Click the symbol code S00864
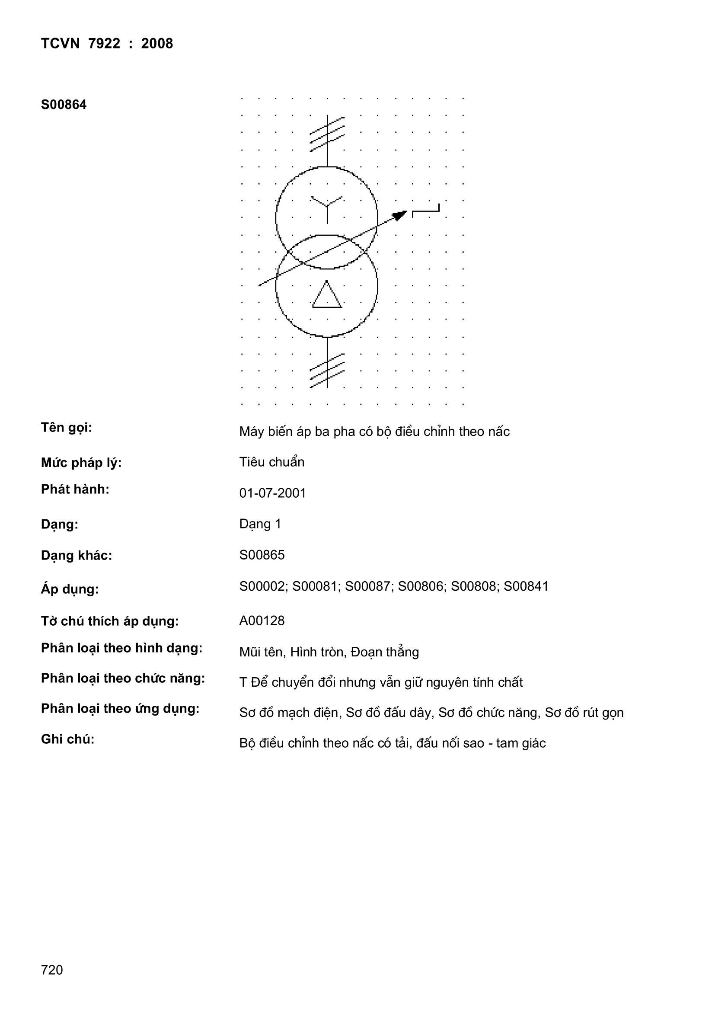click(x=64, y=105)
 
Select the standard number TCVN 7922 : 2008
click(x=106, y=44)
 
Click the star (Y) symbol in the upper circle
click(x=327, y=208)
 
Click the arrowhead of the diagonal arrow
click(x=400, y=215)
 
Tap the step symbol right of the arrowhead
click(x=426, y=211)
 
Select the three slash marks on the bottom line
click(x=327, y=370)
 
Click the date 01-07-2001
click(x=272, y=493)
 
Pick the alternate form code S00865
click(x=262, y=555)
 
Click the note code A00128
click(x=262, y=621)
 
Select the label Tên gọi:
click(x=67, y=428)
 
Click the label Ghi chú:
click(x=68, y=739)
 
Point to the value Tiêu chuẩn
click(x=271, y=462)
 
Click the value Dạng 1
click(x=260, y=524)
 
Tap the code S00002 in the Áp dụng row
click(x=262, y=586)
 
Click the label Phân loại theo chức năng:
click(x=123, y=678)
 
